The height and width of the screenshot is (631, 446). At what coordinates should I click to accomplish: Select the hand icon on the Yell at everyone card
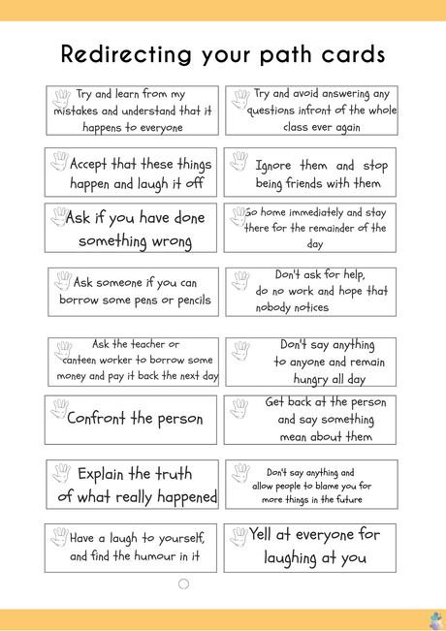click(239, 535)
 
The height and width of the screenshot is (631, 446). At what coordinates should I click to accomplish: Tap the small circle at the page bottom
click(184, 584)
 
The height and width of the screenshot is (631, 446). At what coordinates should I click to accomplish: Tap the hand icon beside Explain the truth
click(61, 472)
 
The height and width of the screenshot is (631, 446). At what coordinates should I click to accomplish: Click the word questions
click(272, 110)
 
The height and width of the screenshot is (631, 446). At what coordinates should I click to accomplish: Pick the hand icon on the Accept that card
click(60, 161)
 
